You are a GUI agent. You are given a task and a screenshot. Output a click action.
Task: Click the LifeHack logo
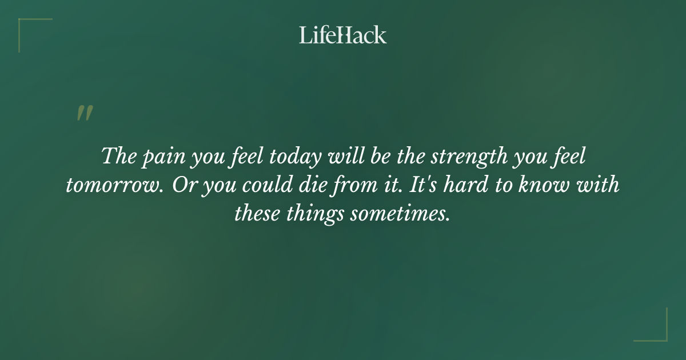click(x=343, y=35)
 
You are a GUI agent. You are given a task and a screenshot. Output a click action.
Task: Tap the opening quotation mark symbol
click(x=85, y=113)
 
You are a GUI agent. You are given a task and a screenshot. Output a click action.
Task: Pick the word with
click(x=599, y=185)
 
